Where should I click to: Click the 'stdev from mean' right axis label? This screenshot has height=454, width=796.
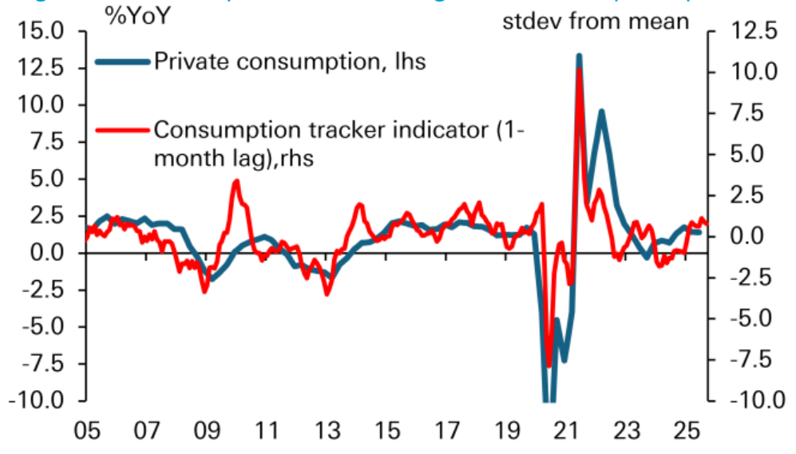point(595,21)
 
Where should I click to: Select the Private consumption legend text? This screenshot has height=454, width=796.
point(290,61)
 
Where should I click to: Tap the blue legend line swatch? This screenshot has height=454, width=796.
point(122,61)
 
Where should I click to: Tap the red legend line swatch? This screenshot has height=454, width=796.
point(122,129)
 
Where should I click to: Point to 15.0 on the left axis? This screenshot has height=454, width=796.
point(40,32)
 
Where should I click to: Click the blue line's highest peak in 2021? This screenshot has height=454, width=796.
point(579,56)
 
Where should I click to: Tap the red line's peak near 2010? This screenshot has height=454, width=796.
point(236,182)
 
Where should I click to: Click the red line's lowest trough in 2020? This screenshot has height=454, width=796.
point(548,365)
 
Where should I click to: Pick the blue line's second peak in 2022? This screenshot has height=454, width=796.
point(600,112)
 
